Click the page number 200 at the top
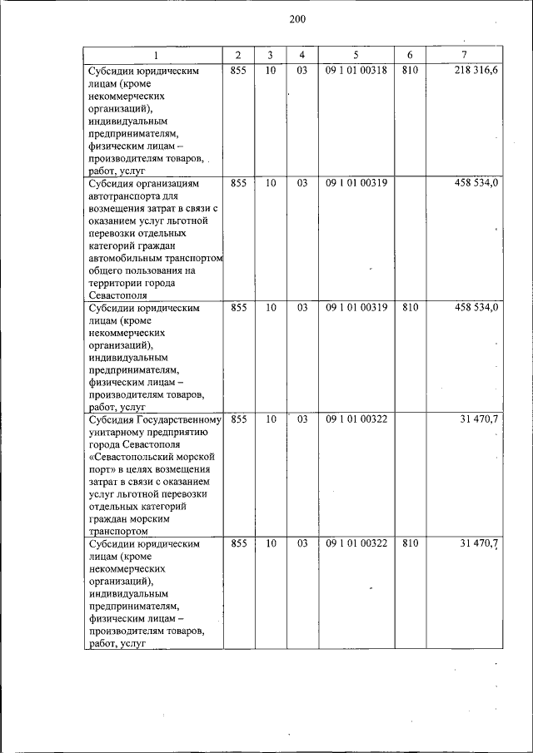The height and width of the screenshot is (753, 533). tap(297, 20)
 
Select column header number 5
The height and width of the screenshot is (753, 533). tap(356, 55)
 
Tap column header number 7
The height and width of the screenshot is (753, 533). tap(463, 55)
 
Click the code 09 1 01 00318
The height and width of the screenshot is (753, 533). tap(356, 72)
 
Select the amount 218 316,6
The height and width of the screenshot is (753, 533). tap(476, 72)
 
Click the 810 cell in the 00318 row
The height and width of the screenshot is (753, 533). tap(409, 72)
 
